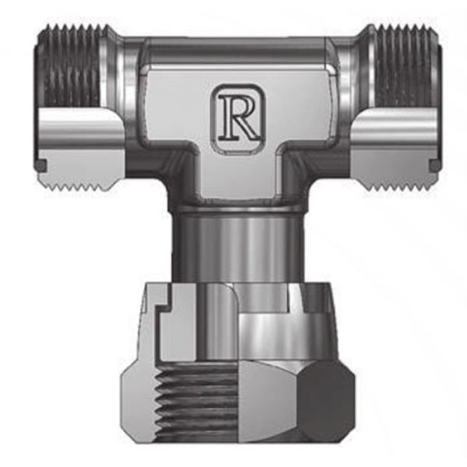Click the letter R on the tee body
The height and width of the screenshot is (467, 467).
click(238, 118)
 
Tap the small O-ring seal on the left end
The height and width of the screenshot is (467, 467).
click(41, 166)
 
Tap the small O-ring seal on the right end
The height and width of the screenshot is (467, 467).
click(434, 165)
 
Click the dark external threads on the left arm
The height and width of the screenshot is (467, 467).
click(71, 67)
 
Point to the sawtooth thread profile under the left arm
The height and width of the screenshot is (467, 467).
click(75, 185)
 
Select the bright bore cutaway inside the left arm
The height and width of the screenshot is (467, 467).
click(81, 128)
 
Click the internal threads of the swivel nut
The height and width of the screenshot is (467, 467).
click(197, 402)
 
